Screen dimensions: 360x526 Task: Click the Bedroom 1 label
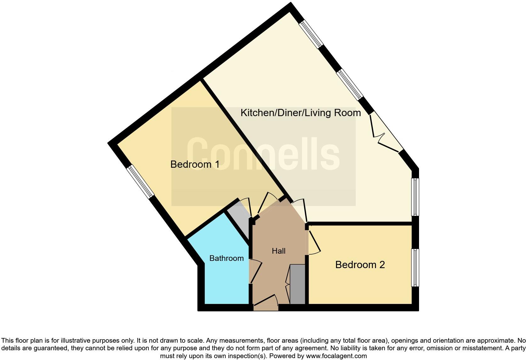pos(195,164)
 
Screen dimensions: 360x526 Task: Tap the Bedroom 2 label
pos(360,265)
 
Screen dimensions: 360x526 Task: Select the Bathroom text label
pos(227,258)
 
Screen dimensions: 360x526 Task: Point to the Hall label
pos(278,251)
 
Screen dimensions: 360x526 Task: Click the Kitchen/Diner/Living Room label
pos(300,113)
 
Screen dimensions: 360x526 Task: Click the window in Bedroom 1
pos(141,182)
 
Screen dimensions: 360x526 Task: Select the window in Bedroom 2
pos(415,267)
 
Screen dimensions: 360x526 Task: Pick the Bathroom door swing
pos(255,271)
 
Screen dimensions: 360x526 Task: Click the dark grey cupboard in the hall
pos(297,284)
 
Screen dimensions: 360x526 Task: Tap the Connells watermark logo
pos(263,155)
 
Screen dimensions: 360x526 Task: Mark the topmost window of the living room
pos(311,34)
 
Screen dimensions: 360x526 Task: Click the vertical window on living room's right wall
pos(415,197)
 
